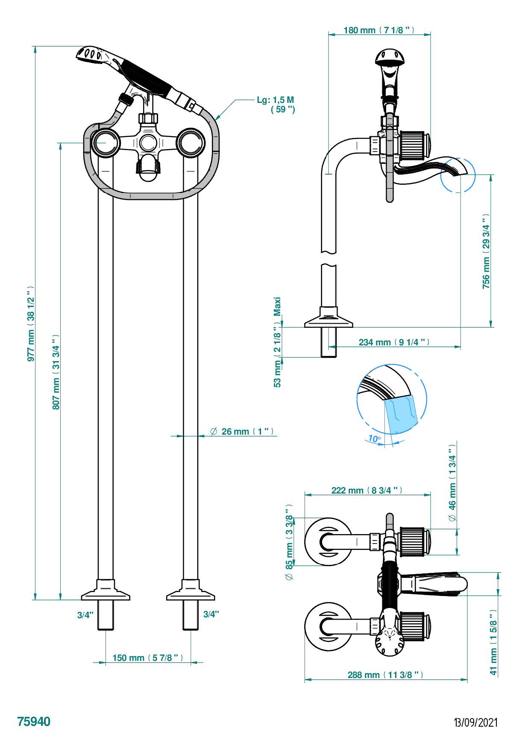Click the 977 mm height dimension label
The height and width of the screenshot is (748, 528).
30,324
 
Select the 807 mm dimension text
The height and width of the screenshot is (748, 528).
56,371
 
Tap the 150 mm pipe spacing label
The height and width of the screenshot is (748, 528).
148,657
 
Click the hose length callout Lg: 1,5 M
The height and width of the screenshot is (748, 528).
276,104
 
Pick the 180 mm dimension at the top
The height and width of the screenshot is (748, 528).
379,30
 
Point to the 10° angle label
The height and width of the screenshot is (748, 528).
374,438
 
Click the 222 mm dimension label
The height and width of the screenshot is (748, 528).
367,490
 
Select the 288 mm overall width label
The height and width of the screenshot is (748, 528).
385,675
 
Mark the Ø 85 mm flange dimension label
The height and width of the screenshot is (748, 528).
290,543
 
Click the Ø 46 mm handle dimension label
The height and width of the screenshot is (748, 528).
452,482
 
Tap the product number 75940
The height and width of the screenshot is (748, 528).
34,722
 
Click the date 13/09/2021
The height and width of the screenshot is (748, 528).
476,722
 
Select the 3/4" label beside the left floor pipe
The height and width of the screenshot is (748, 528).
85,615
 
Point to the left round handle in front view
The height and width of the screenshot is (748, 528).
105,143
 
